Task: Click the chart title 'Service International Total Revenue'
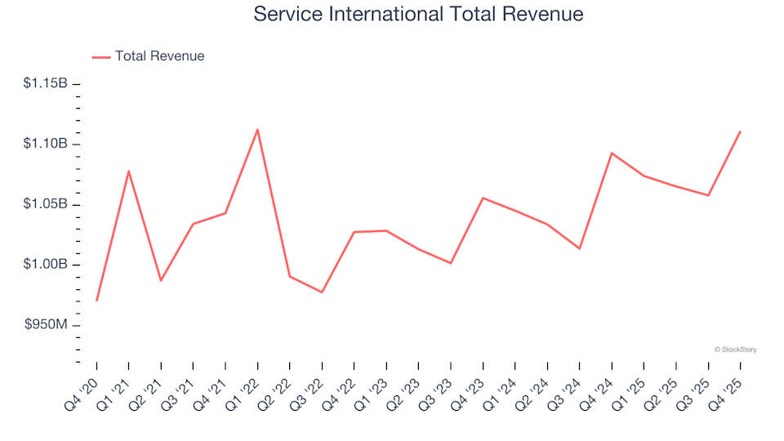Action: click(418, 14)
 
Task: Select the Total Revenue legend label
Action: click(159, 56)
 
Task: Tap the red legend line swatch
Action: click(101, 57)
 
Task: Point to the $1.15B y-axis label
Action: click(47, 83)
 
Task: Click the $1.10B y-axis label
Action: click(47, 144)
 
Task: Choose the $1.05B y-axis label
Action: click(47, 204)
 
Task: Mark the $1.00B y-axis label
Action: click(47, 265)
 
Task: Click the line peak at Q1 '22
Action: click(257, 129)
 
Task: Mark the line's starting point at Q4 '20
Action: click(96, 301)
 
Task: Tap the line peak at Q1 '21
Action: click(129, 171)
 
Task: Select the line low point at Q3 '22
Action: click(322, 292)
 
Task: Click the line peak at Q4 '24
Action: click(612, 153)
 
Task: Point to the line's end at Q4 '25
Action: click(740, 131)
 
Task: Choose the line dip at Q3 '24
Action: click(579, 248)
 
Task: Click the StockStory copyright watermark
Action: click(735, 350)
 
